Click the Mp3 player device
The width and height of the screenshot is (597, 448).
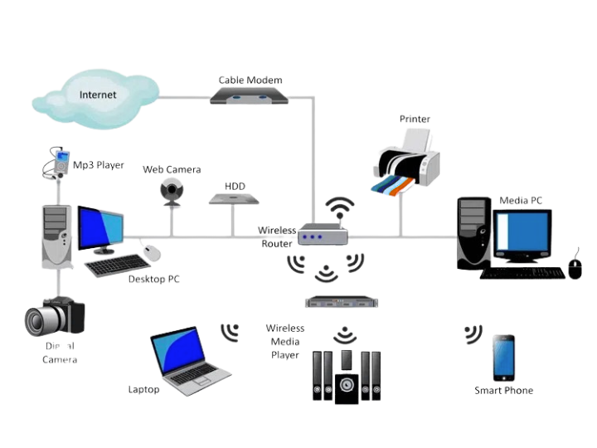pos(58,161)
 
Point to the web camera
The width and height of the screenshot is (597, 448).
pos(172,190)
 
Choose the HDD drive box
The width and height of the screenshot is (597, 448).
pos(235,199)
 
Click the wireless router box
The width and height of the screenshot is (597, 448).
pos(322,236)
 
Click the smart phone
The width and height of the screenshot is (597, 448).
pos(503,357)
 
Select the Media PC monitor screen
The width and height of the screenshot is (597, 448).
pos(523,235)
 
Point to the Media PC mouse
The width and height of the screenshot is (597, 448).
pos(575,267)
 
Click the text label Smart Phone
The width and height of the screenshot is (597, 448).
pos(503,390)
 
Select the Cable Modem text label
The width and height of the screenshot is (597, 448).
pos(250,80)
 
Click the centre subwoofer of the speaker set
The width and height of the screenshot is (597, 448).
pos(347,388)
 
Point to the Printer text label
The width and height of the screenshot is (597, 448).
pos(415,119)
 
